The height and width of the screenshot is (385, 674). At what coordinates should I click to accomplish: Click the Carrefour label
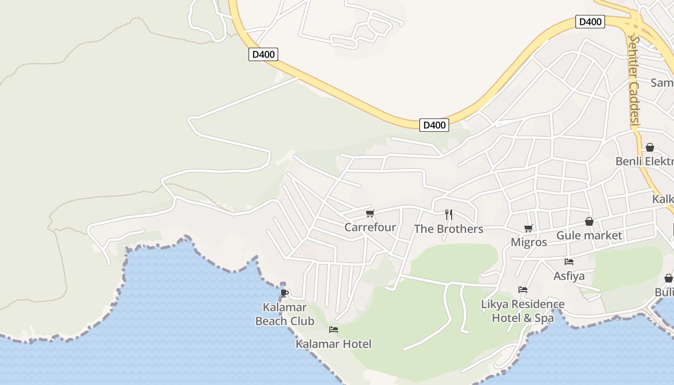[370, 227]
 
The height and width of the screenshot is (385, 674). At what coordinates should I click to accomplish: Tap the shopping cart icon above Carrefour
[370, 213]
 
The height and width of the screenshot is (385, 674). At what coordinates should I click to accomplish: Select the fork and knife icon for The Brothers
[449, 214]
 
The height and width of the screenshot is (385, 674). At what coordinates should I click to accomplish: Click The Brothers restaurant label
[449, 229]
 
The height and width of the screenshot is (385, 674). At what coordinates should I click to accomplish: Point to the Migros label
[529, 242]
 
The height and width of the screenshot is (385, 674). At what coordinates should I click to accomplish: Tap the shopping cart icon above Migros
[529, 228]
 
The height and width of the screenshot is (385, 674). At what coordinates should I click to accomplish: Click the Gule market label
[589, 235]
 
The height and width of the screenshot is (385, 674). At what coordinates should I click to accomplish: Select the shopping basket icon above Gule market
[589, 221]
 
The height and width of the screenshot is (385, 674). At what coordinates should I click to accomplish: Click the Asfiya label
[569, 276]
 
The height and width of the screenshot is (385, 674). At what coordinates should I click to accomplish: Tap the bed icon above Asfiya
[569, 262]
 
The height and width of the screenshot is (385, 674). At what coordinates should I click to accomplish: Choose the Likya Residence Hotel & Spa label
[523, 311]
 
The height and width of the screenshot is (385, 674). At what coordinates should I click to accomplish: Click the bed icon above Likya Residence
[523, 290]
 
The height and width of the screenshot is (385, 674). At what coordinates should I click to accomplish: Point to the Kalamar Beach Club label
[285, 314]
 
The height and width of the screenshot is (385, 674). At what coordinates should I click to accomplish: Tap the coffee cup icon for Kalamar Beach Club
[285, 293]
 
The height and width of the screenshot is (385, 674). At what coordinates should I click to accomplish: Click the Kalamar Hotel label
[334, 344]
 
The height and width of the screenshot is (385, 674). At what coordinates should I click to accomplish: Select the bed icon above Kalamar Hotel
[334, 330]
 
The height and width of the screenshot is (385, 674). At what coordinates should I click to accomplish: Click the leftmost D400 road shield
[264, 54]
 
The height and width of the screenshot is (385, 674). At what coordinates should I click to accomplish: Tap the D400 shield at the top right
[590, 22]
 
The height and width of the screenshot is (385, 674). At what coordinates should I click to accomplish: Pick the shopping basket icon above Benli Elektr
[650, 147]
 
